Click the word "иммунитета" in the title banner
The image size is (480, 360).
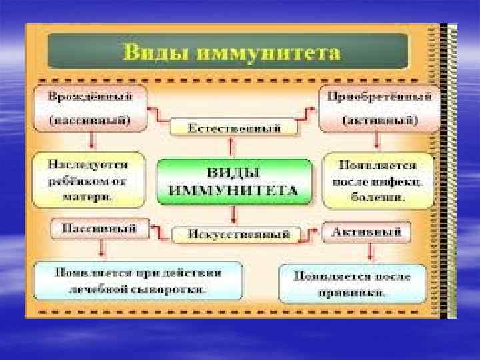[267, 52]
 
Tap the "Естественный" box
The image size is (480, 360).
[233, 127]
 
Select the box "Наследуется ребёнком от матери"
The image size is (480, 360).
[89, 179]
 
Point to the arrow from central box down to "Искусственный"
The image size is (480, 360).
[233, 215]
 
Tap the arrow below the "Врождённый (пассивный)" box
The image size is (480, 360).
[92, 141]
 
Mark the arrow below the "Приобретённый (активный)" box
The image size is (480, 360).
[377, 141]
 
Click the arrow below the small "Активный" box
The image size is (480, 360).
[369, 252]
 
